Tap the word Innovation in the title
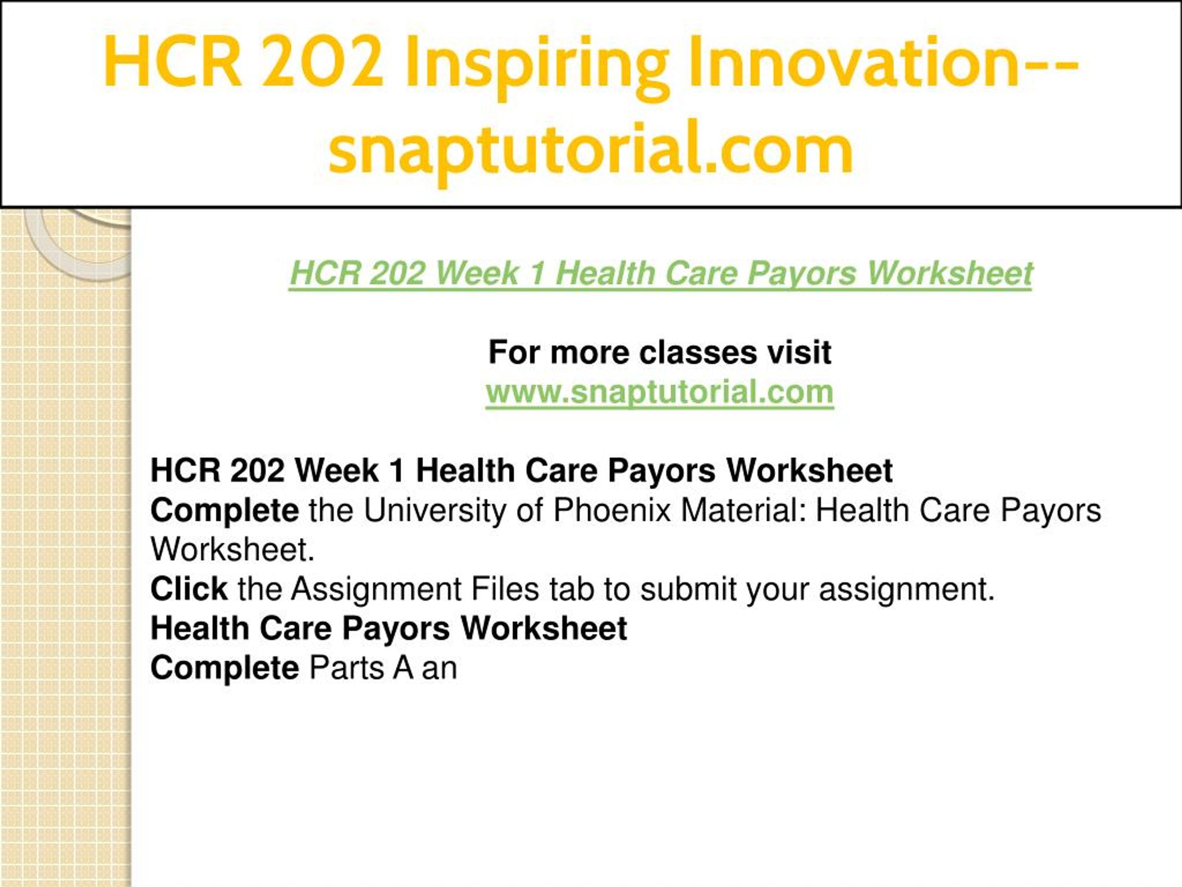pyautogui.click(x=855, y=61)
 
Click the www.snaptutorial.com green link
pyautogui.click(x=660, y=392)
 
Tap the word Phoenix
pyautogui.click(x=611, y=510)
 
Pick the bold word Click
pyautogui.click(x=189, y=589)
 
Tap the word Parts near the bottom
pyautogui.click(x=346, y=668)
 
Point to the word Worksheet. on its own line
pyautogui.click(x=232, y=550)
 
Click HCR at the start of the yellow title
pyautogui.click(x=172, y=61)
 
